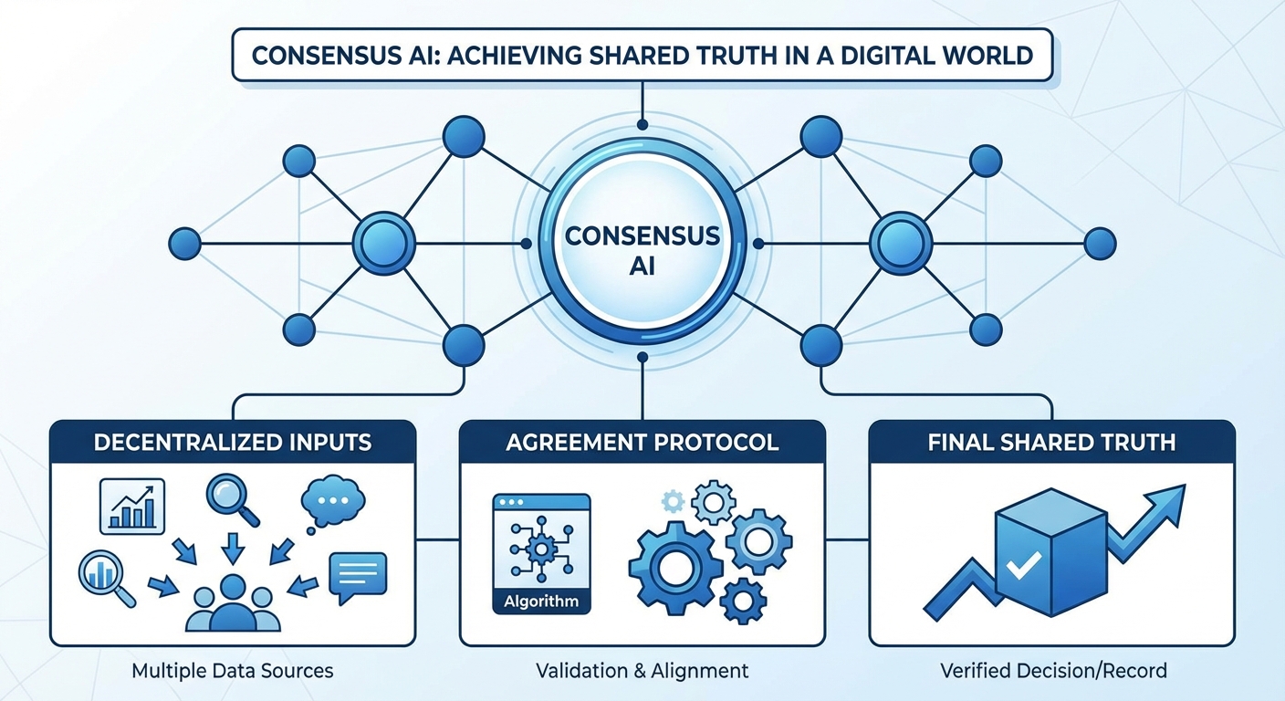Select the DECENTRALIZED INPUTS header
[x=233, y=444]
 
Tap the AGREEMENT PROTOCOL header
[x=642, y=444]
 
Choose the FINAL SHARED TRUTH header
[x=1050, y=444]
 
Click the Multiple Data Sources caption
[x=233, y=671]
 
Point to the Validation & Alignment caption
[x=642, y=671]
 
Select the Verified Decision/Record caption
[x=1052, y=671]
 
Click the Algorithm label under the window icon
[x=541, y=602]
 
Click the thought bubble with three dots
[x=333, y=503]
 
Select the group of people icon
[x=233, y=605]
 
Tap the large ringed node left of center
[x=383, y=244]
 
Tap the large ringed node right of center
[x=901, y=244]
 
